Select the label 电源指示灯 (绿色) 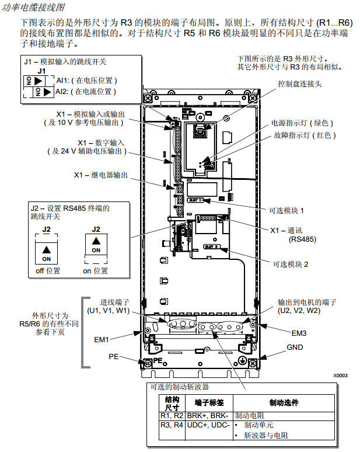pos(302,123)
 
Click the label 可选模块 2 pos(289,264)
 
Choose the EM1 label pos(102,338)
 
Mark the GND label pos(295,347)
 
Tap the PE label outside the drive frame pos(114,356)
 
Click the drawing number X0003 pos(341,375)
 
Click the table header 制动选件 pos(284,403)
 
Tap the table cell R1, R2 pos(172,415)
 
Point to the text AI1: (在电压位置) pos(86,80)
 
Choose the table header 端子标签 pos(209,403)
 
